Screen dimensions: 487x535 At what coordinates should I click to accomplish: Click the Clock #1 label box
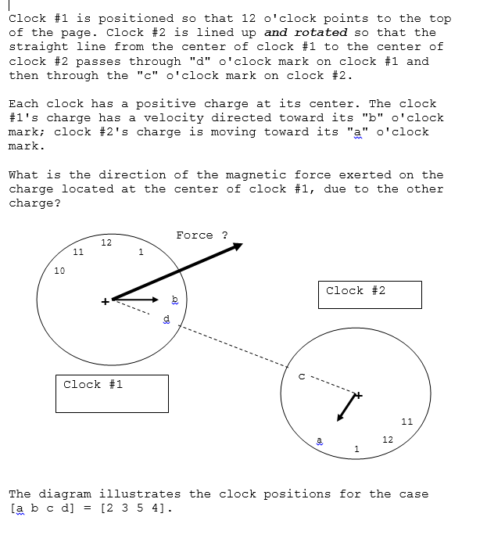click(112, 393)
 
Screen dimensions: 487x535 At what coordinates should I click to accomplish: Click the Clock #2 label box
click(369, 294)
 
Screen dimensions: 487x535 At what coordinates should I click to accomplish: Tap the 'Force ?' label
click(202, 235)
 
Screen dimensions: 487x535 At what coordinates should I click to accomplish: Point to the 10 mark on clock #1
click(59, 271)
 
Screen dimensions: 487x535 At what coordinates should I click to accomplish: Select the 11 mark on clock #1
click(78, 252)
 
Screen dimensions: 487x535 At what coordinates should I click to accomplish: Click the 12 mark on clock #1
click(106, 242)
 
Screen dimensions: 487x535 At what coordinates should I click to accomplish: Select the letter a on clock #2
click(319, 440)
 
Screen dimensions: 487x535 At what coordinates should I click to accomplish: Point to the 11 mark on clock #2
click(406, 422)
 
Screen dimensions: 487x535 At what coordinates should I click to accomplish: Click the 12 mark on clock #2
click(388, 440)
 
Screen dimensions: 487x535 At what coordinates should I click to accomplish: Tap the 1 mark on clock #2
click(356, 448)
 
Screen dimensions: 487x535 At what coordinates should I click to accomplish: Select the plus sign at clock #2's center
click(359, 396)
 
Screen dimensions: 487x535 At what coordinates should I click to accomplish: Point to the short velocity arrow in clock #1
click(136, 299)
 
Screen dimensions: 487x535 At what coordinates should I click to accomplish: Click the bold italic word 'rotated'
click(320, 33)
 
